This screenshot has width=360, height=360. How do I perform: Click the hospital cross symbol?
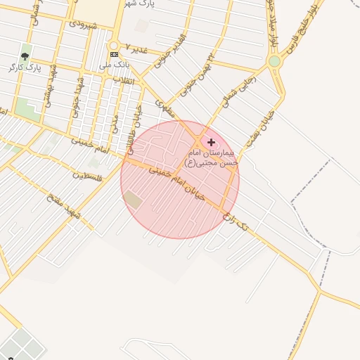(212, 142)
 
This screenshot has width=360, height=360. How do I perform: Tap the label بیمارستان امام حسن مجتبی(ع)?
(212, 157)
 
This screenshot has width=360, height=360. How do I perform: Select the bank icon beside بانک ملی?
(114, 54)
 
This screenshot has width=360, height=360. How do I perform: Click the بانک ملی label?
(115, 65)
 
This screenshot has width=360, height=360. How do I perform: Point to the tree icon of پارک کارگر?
(25, 56)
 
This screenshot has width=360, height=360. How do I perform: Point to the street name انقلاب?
(129, 80)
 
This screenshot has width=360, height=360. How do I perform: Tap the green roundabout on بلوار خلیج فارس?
(274, 62)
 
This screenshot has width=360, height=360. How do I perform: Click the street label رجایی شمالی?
(243, 91)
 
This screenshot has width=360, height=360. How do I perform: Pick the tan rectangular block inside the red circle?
(133, 200)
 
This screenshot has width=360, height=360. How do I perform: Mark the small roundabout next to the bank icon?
(114, 44)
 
